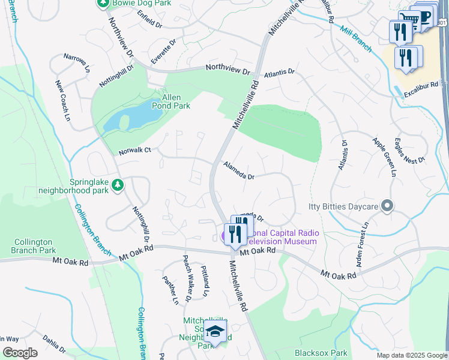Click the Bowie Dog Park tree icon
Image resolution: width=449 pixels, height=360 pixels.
[103, 4]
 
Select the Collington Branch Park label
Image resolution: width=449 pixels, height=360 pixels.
[34, 246]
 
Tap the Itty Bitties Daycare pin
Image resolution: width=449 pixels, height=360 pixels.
[387, 206]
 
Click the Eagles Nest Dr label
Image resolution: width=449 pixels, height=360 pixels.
[409, 151]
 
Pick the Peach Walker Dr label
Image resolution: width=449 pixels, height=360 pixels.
[187, 278]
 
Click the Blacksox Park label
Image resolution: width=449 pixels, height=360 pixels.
[321, 353]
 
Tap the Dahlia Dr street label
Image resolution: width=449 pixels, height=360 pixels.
[54, 345]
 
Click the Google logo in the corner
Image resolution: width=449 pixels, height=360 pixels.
[20, 353]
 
